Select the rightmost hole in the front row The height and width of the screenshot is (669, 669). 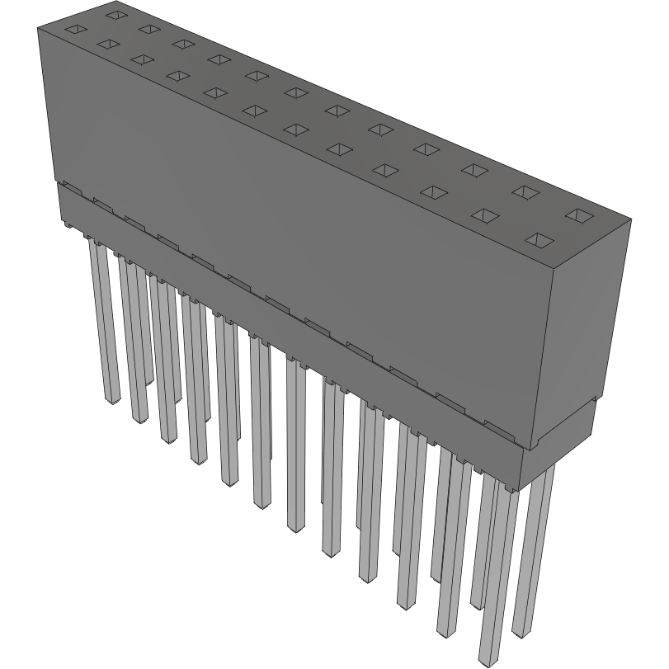(x=539, y=240)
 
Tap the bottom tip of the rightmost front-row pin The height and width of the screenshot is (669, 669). (x=489, y=660)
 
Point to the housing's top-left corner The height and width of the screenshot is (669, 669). (x=38, y=29)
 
